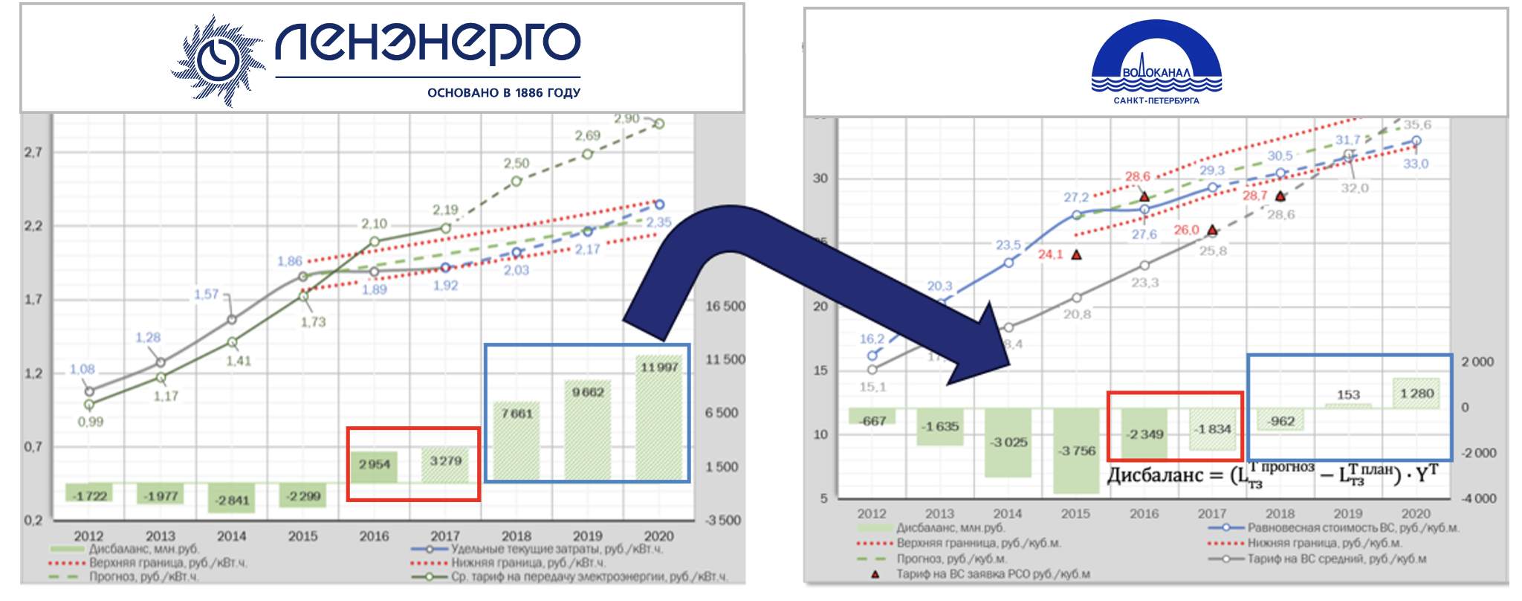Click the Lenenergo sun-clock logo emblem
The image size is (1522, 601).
218,60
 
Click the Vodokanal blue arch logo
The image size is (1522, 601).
1156,63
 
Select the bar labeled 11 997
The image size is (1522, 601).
659,420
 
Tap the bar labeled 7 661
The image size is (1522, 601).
516,443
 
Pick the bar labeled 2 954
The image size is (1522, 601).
374,467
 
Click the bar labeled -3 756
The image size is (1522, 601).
1076,450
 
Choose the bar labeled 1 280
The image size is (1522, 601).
1416,393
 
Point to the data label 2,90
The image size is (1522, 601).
626,119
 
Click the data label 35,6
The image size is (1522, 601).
1417,125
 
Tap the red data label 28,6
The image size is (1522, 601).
1137,176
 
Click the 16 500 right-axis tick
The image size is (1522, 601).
725,306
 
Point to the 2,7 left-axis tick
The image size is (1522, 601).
33,152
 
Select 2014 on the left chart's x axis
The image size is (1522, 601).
231,536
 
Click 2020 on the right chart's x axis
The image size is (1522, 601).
1415,513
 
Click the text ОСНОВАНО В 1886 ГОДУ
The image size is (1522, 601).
503,93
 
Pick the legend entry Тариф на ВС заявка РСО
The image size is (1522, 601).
992,573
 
